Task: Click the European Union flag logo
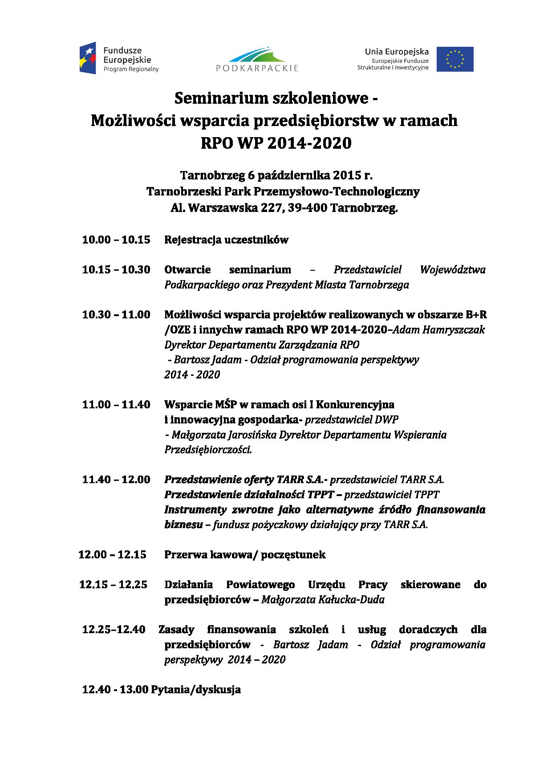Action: coord(455,59)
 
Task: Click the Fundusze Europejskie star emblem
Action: coord(88,58)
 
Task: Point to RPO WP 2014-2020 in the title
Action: coord(276,143)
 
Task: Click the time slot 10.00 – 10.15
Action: coord(116,240)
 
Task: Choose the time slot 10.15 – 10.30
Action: coord(116,269)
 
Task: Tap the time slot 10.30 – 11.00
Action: coord(116,314)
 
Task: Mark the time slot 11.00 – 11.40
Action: coord(116,404)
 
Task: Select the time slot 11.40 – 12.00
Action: coord(116,480)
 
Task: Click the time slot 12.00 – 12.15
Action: coord(112,554)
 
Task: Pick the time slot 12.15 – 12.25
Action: coord(113,584)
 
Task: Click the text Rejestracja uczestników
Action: coord(226,240)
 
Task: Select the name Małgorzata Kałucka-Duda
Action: coord(323,599)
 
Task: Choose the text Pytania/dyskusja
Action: coord(196,689)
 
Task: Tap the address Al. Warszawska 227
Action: coord(226,208)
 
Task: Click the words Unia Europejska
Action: coord(397,52)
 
